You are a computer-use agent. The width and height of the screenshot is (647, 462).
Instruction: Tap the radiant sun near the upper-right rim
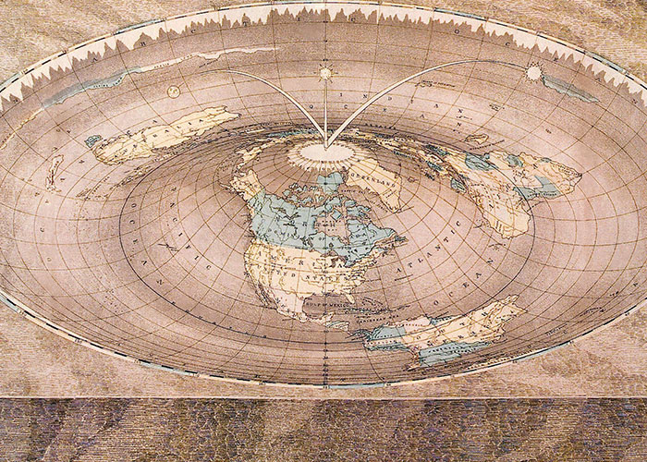(533, 71)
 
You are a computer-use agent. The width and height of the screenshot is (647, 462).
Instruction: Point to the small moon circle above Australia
(174, 91)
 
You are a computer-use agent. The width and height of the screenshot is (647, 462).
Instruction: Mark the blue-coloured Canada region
(296, 217)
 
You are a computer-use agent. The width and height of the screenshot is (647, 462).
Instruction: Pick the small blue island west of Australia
(93, 141)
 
